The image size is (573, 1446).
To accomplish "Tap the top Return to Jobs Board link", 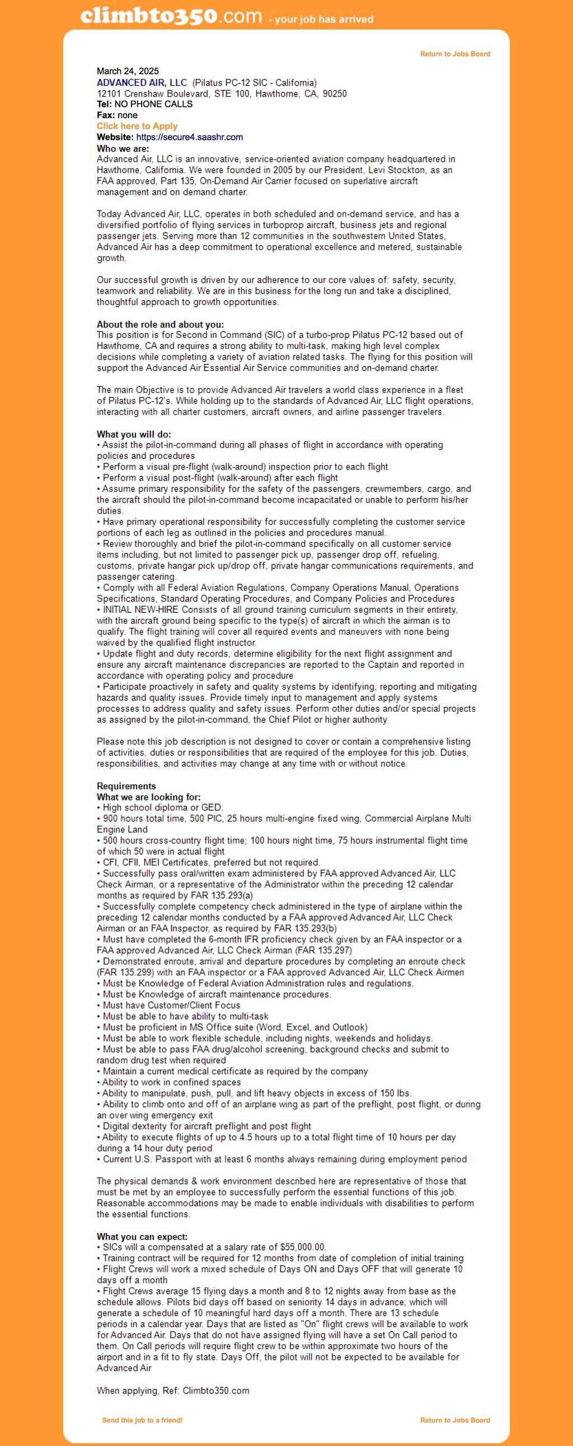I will tap(454, 54).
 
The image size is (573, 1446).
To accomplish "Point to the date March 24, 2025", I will tap(128, 71).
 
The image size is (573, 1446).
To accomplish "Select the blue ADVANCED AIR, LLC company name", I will tap(142, 82).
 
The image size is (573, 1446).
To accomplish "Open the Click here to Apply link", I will tap(137, 126).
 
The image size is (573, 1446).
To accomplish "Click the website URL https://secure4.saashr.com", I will tap(189, 137).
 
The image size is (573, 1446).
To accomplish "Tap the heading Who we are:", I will tap(123, 149).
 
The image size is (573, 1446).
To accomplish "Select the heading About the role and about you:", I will tap(160, 325).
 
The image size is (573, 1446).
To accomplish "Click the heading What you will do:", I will tap(134, 434).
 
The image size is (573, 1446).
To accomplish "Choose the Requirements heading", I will tap(126, 786).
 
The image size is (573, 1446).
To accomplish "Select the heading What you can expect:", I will tap(142, 1237).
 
